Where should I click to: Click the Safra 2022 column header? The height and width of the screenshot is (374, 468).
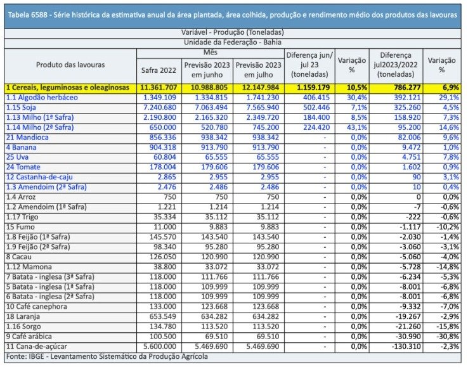159,70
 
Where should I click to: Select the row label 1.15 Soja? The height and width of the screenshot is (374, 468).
21,107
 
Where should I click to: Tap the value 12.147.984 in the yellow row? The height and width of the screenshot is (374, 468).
259,87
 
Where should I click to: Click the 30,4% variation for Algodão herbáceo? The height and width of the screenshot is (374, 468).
357,98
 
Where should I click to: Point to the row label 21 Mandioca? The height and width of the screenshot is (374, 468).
27,138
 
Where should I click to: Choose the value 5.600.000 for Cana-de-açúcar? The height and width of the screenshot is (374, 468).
160,347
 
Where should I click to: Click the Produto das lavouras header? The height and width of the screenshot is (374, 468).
70,65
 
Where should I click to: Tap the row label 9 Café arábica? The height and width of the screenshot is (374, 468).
29,337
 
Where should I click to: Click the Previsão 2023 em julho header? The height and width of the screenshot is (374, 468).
259,70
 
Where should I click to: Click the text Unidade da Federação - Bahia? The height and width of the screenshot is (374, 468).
233,42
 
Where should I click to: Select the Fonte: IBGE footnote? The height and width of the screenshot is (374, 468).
107,357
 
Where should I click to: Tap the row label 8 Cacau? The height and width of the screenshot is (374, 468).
19,257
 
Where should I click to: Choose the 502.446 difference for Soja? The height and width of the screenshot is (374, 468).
316,107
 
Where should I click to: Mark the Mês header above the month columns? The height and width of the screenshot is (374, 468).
211,53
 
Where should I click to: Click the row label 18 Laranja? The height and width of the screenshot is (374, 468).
23,316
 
